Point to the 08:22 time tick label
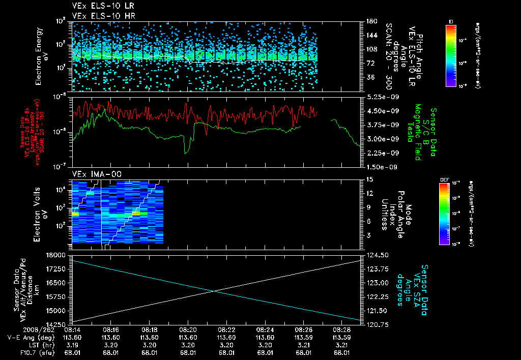[x=226, y=329]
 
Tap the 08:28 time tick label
[x=342, y=329]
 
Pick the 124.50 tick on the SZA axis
[x=377, y=254]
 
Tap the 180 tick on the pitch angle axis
[x=371, y=21]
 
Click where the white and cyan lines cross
[x=214, y=291]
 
